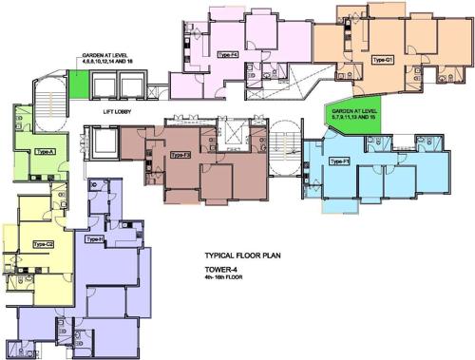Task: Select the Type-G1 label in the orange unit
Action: (x=382, y=60)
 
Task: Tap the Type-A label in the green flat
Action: (x=44, y=151)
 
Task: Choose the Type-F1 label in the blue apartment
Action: (x=339, y=161)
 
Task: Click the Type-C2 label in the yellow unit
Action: (x=42, y=244)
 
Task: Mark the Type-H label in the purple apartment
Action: (x=94, y=239)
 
